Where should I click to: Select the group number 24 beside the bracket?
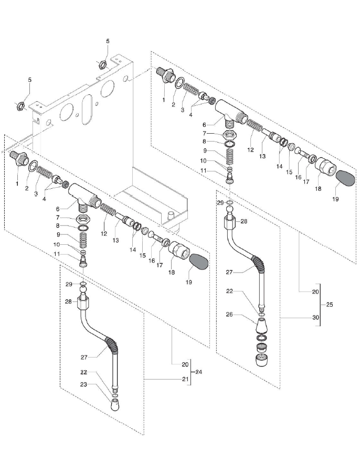click(198, 372)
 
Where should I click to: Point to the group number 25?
click(329, 304)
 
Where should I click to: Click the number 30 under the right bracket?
click(315, 317)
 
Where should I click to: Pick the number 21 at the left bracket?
click(184, 378)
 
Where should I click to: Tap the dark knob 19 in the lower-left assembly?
click(199, 261)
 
